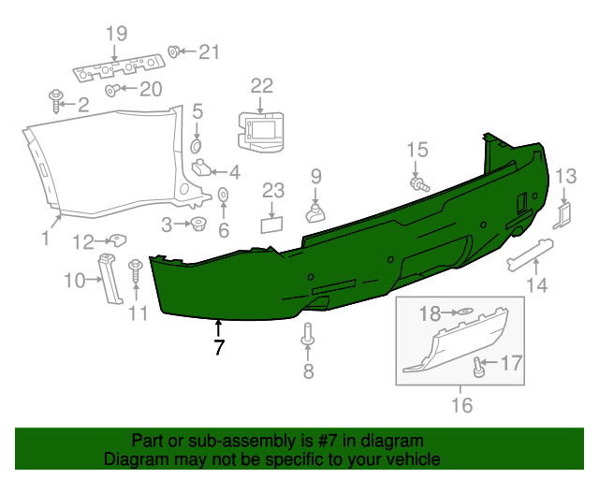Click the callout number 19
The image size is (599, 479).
point(115,35)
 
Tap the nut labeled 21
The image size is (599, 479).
point(174,51)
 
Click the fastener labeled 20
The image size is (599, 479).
point(112,90)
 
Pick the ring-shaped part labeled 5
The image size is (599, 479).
point(197,147)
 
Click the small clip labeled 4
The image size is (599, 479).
point(202,169)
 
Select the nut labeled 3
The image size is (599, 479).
point(197,225)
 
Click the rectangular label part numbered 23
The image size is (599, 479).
point(272,224)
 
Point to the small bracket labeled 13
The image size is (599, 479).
point(564,214)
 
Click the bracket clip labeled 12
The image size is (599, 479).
point(114,240)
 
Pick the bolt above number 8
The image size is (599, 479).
point(307,335)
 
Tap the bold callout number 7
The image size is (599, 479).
point(219,348)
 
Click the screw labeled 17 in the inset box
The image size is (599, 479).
point(479,366)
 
